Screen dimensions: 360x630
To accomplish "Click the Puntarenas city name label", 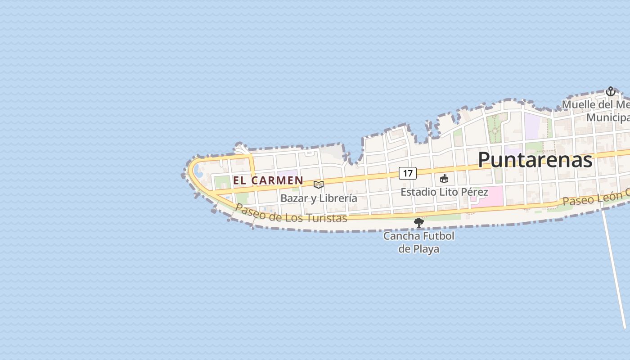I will (x=535, y=160).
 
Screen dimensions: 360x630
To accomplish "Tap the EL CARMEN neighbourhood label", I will (x=268, y=180).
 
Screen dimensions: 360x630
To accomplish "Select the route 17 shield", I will (x=407, y=173).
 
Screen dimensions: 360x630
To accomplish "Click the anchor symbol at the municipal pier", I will (x=610, y=92).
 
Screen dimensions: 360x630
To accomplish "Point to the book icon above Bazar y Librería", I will (x=319, y=184).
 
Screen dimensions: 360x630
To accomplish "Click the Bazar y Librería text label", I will (x=319, y=198).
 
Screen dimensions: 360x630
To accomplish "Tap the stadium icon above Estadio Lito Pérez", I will (x=444, y=179).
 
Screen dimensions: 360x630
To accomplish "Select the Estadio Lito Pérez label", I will (x=444, y=192).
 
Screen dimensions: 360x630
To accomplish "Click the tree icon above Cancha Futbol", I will (x=419, y=222).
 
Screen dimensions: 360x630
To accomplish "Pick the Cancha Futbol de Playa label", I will (x=418, y=242).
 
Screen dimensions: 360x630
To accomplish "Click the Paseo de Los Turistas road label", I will (x=291, y=214).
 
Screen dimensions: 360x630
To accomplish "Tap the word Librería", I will (x=338, y=198).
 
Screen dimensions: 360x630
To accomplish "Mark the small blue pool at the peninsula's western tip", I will (x=197, y=170).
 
